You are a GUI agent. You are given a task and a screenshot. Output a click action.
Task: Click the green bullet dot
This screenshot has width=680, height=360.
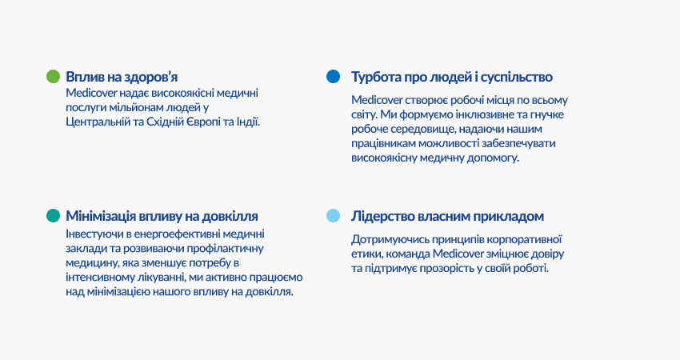[x=53, y=76]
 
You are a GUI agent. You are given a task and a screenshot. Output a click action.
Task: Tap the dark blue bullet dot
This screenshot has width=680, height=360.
[x=333, y=76]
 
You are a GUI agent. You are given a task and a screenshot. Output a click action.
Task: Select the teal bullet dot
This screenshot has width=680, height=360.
[x=53, y=215]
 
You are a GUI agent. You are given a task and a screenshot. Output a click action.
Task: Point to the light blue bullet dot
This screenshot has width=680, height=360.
[x=333, y=215]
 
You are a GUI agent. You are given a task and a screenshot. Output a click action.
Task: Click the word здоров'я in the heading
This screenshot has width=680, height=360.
[x=151, y=77]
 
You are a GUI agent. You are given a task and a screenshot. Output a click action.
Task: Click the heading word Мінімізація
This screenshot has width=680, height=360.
[x=101, y=216]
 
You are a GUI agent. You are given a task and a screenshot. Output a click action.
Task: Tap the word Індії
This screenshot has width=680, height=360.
[x=248, y=122]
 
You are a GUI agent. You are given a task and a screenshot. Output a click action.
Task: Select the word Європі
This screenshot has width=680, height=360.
[x=203, y=122]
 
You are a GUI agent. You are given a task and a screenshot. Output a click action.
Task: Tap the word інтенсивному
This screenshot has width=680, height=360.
[x=95, y=277]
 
